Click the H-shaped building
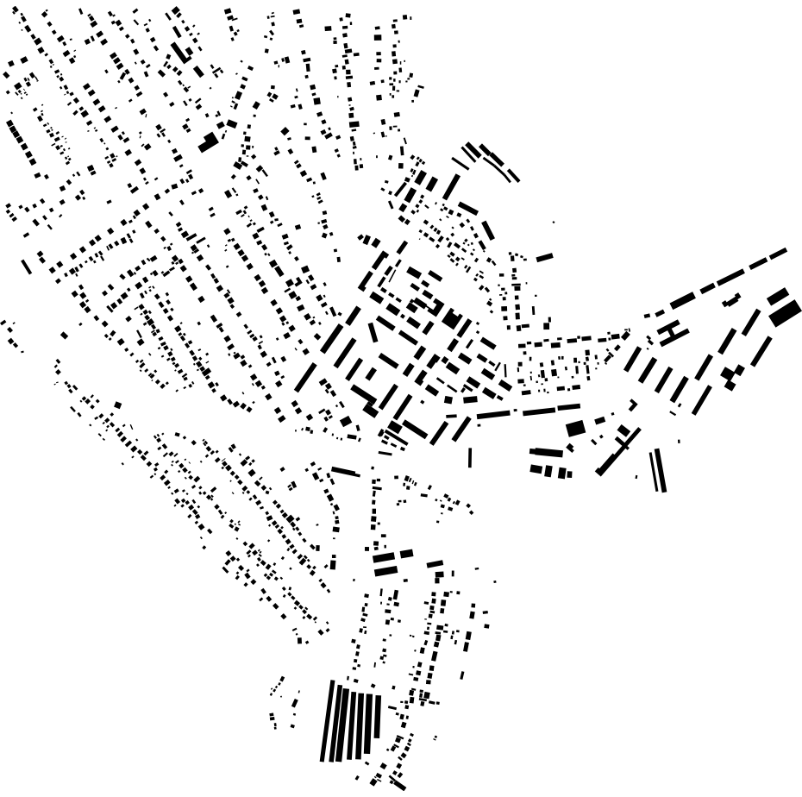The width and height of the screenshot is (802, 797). [673, 332]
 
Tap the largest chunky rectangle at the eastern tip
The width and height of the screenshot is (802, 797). [785, 312]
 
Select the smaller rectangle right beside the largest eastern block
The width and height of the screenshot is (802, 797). [777, 296]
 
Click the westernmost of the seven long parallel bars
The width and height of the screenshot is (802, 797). [327, 721]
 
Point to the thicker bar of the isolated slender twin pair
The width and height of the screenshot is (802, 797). [661, 470]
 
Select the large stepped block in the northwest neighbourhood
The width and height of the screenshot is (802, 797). [208, 142]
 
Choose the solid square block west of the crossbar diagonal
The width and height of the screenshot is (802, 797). [575, 428]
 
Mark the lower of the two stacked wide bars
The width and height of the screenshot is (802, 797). [385, 570]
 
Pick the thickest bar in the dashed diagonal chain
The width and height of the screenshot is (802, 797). [682, 300]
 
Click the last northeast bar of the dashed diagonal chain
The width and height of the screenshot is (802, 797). [778, 253]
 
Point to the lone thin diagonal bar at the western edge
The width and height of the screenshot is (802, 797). [26, 267]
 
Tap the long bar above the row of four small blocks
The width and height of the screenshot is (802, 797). [546, 450]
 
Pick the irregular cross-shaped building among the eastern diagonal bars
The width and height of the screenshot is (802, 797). [732, 376]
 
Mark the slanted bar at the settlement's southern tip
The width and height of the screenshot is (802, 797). [397, 784]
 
